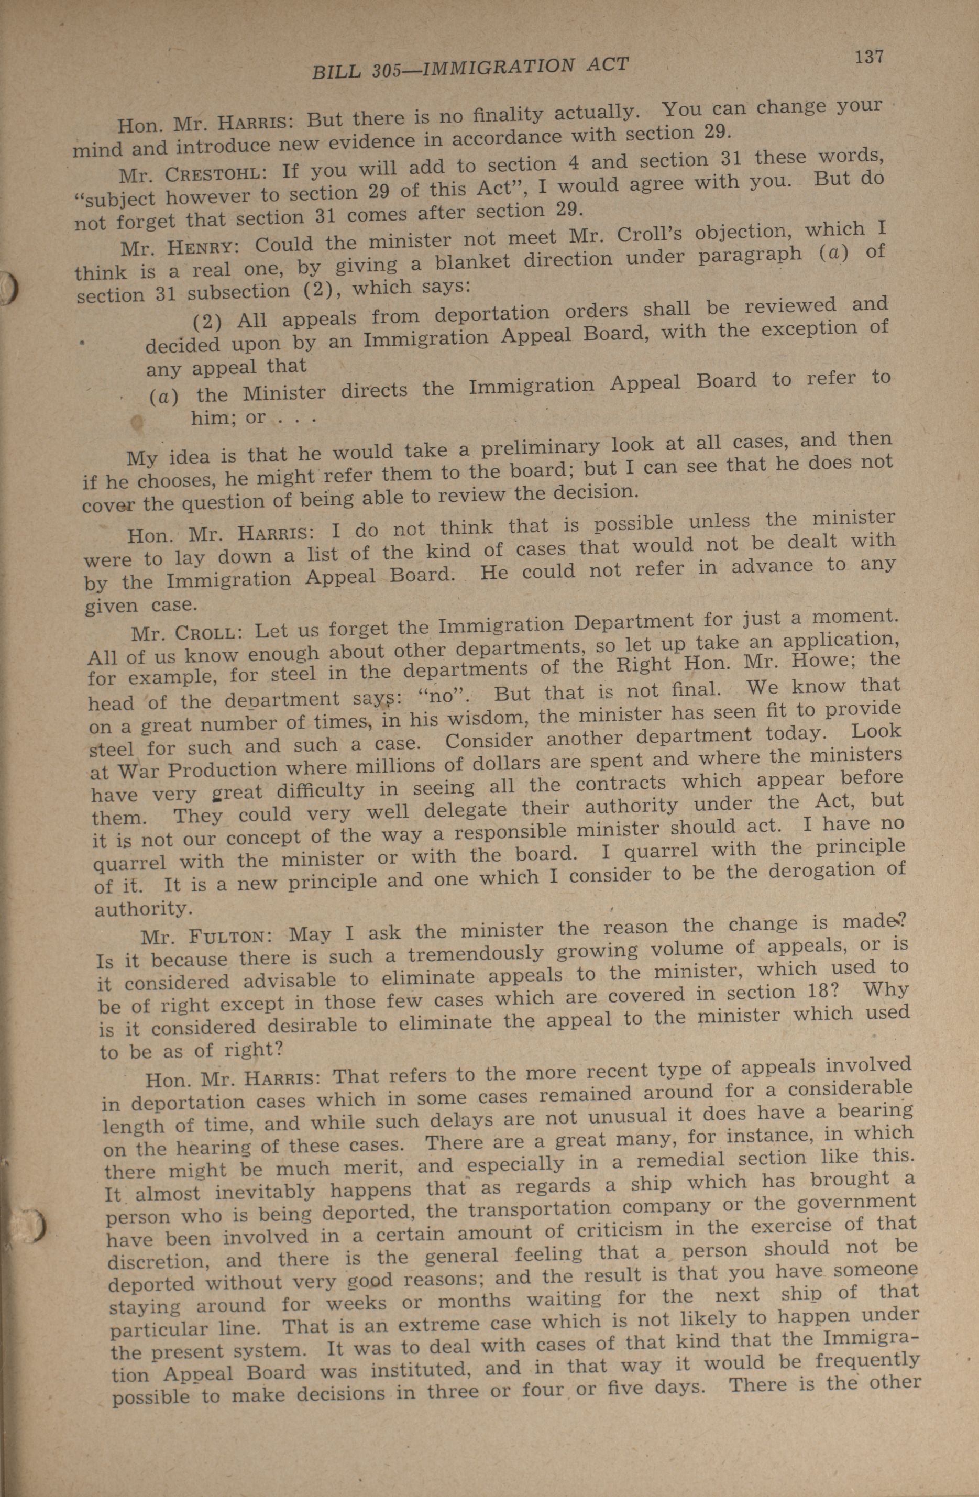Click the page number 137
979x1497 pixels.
(869, 57)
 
